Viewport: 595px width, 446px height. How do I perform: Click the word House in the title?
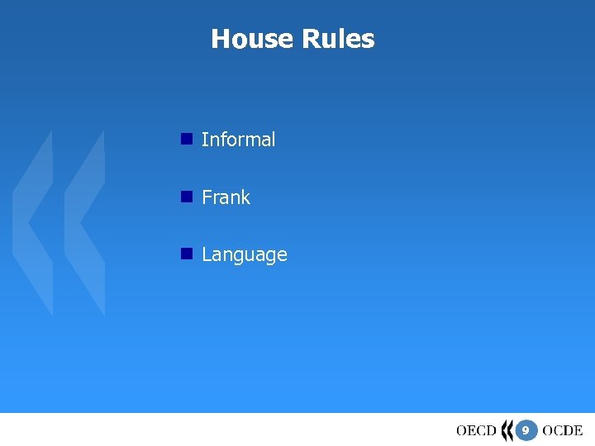pyautogui.click(x=246, y=39)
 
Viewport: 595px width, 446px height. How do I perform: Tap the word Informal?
pyautogui.click(x=238, y=140)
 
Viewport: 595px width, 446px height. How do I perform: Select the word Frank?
pyautogui.click(x=226, y=197)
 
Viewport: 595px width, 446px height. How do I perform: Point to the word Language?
pyautogui.click(x=244, y=255)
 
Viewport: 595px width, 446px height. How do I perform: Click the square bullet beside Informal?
pyautogui.click(x=187, y=139)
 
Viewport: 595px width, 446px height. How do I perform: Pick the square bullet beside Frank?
pyautogui.click(x=187, y=197)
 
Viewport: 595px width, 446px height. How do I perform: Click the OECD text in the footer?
pyautogui.click(x=476, y=430)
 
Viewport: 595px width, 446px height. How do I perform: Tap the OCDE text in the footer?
pyautogui.click(x=563, y=430)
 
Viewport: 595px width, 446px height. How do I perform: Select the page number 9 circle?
pyautogui.click(x=526, y=430)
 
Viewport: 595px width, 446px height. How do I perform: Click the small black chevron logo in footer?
pyautogui.click(x=507, y=430)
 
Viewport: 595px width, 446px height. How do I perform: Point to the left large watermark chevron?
pyautogui.click(x=33, y=223)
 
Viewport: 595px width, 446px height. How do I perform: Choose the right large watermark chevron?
pyautogui.click(x=85, y=223)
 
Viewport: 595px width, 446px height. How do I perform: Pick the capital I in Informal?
pyautogui.click(x=204, y=140)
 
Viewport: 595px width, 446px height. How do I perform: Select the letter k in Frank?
pyautogui.click(x=245, y=197)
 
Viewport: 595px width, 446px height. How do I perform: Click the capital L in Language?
pyautogui.click(x=207, y=254)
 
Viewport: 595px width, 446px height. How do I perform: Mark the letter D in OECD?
pyautogui.click(x=490, y=430)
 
